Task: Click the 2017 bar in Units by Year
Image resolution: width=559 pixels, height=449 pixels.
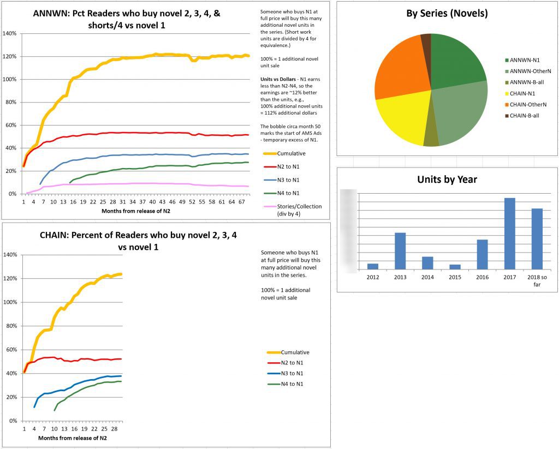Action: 509,234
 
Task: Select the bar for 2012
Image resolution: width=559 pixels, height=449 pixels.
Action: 373,266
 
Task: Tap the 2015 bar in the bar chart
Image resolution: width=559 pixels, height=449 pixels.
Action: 455,267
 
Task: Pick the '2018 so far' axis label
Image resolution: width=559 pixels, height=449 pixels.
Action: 537,280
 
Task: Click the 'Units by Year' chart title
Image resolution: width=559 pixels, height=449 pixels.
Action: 447,179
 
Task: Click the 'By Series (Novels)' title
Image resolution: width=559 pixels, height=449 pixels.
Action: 447,13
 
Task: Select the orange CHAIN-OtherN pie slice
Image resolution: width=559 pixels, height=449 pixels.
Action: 399,74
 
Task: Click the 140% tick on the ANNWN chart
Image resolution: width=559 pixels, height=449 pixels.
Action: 10,33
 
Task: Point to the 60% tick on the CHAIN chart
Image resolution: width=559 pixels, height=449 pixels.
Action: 11,350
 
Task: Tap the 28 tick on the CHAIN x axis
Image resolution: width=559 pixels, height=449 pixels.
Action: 118,429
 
